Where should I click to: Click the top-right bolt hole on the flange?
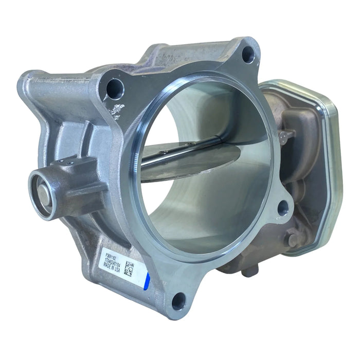[x=248, y=53]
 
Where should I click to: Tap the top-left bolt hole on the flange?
[x=114, y=89]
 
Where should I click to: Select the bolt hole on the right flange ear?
[x=282, y=207]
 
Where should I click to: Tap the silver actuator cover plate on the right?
[x=329, y=170]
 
